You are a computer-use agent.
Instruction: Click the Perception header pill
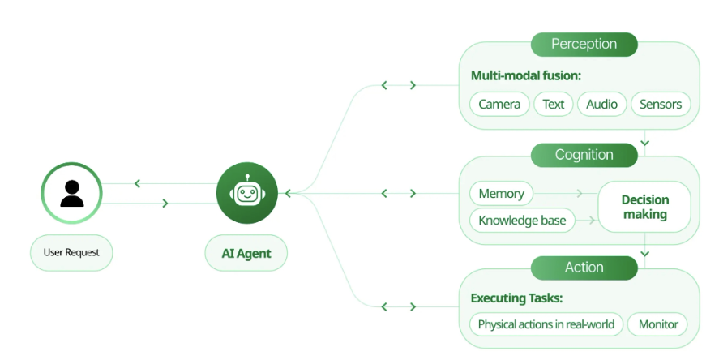pyautogui.click(x=584, y=44)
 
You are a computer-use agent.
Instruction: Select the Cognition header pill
pyautogui.click(x=584, y=155)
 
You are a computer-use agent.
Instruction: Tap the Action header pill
pyautogui.click(x=584, y=268)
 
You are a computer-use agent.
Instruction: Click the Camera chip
pyautogui.click(x=499, y=104)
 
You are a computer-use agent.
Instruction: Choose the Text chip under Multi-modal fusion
pyautogui.click(x=554, y=104)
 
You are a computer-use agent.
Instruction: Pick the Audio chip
pyautogui.click(x=601, y=104)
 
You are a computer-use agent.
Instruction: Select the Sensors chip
pyautogui.click(x=661, y=104)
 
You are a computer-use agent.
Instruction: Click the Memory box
pyautogui.click(x=501, y=194)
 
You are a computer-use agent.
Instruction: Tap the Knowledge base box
pyautogui.click(x=522, y=221)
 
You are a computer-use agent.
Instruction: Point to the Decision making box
pyautogui.click(x=644, y=207)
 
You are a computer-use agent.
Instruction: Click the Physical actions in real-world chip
pyautogui.click(x=546, y=324)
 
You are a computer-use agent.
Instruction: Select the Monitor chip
pyautogui.click(x=658, y=324)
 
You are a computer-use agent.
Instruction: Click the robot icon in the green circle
pyautogui.click(x=247, y=193)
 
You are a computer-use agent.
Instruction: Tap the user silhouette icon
pyautogui.click(x=71, y=193)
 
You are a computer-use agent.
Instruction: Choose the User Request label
pyautogui.click(x=71, y=253)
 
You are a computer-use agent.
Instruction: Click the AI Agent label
pyautogui.click(x=246, y=254)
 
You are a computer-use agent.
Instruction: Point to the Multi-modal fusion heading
pyautogui.click(x=526, y=76)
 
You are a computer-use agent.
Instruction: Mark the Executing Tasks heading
pyautogui.click(x=516, y=298)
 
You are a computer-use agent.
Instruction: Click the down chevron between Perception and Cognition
pyautogui.click(x=644, y=142)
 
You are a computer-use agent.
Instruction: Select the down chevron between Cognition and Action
pyautogui.click(x=644, y=253)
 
